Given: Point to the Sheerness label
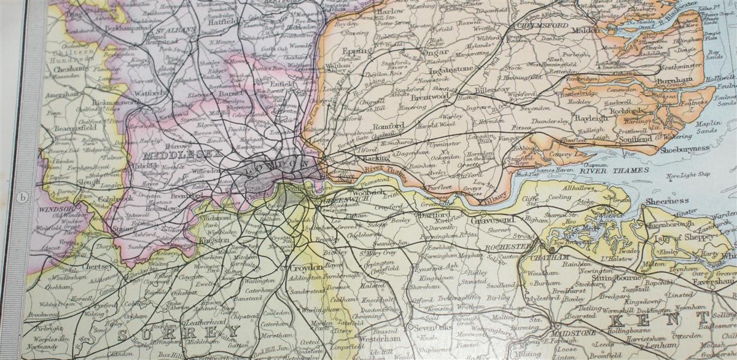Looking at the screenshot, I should [x=666, y=200].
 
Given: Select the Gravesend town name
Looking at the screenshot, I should [x=493, y=220].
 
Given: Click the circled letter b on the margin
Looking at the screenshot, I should [x=23, y=197].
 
